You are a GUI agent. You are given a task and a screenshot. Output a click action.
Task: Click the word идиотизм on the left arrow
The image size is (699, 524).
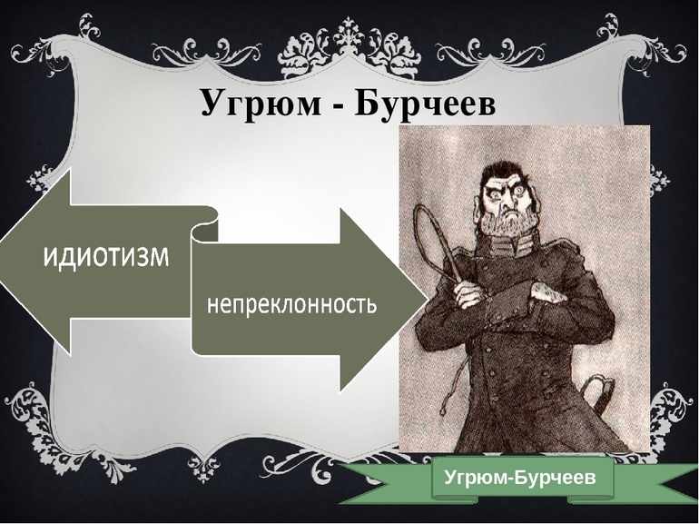[106, 256]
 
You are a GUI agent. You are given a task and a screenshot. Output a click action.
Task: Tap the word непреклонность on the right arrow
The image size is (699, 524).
[292, 306]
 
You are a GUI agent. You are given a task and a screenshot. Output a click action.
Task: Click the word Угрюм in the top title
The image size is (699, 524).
[261, 104]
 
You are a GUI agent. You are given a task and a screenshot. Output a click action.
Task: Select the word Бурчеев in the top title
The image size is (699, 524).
[425, 104]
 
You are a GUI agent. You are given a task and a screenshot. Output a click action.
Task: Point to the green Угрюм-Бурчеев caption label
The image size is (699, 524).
[520, 478]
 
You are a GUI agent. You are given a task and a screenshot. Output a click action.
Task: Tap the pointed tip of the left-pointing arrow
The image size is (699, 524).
[1, 262]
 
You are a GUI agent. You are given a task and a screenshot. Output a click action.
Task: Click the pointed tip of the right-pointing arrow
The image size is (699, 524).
[427, 299]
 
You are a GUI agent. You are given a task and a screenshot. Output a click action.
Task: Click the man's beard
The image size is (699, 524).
[509, 225]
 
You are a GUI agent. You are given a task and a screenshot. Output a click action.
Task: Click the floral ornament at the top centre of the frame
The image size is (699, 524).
[349, 50]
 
